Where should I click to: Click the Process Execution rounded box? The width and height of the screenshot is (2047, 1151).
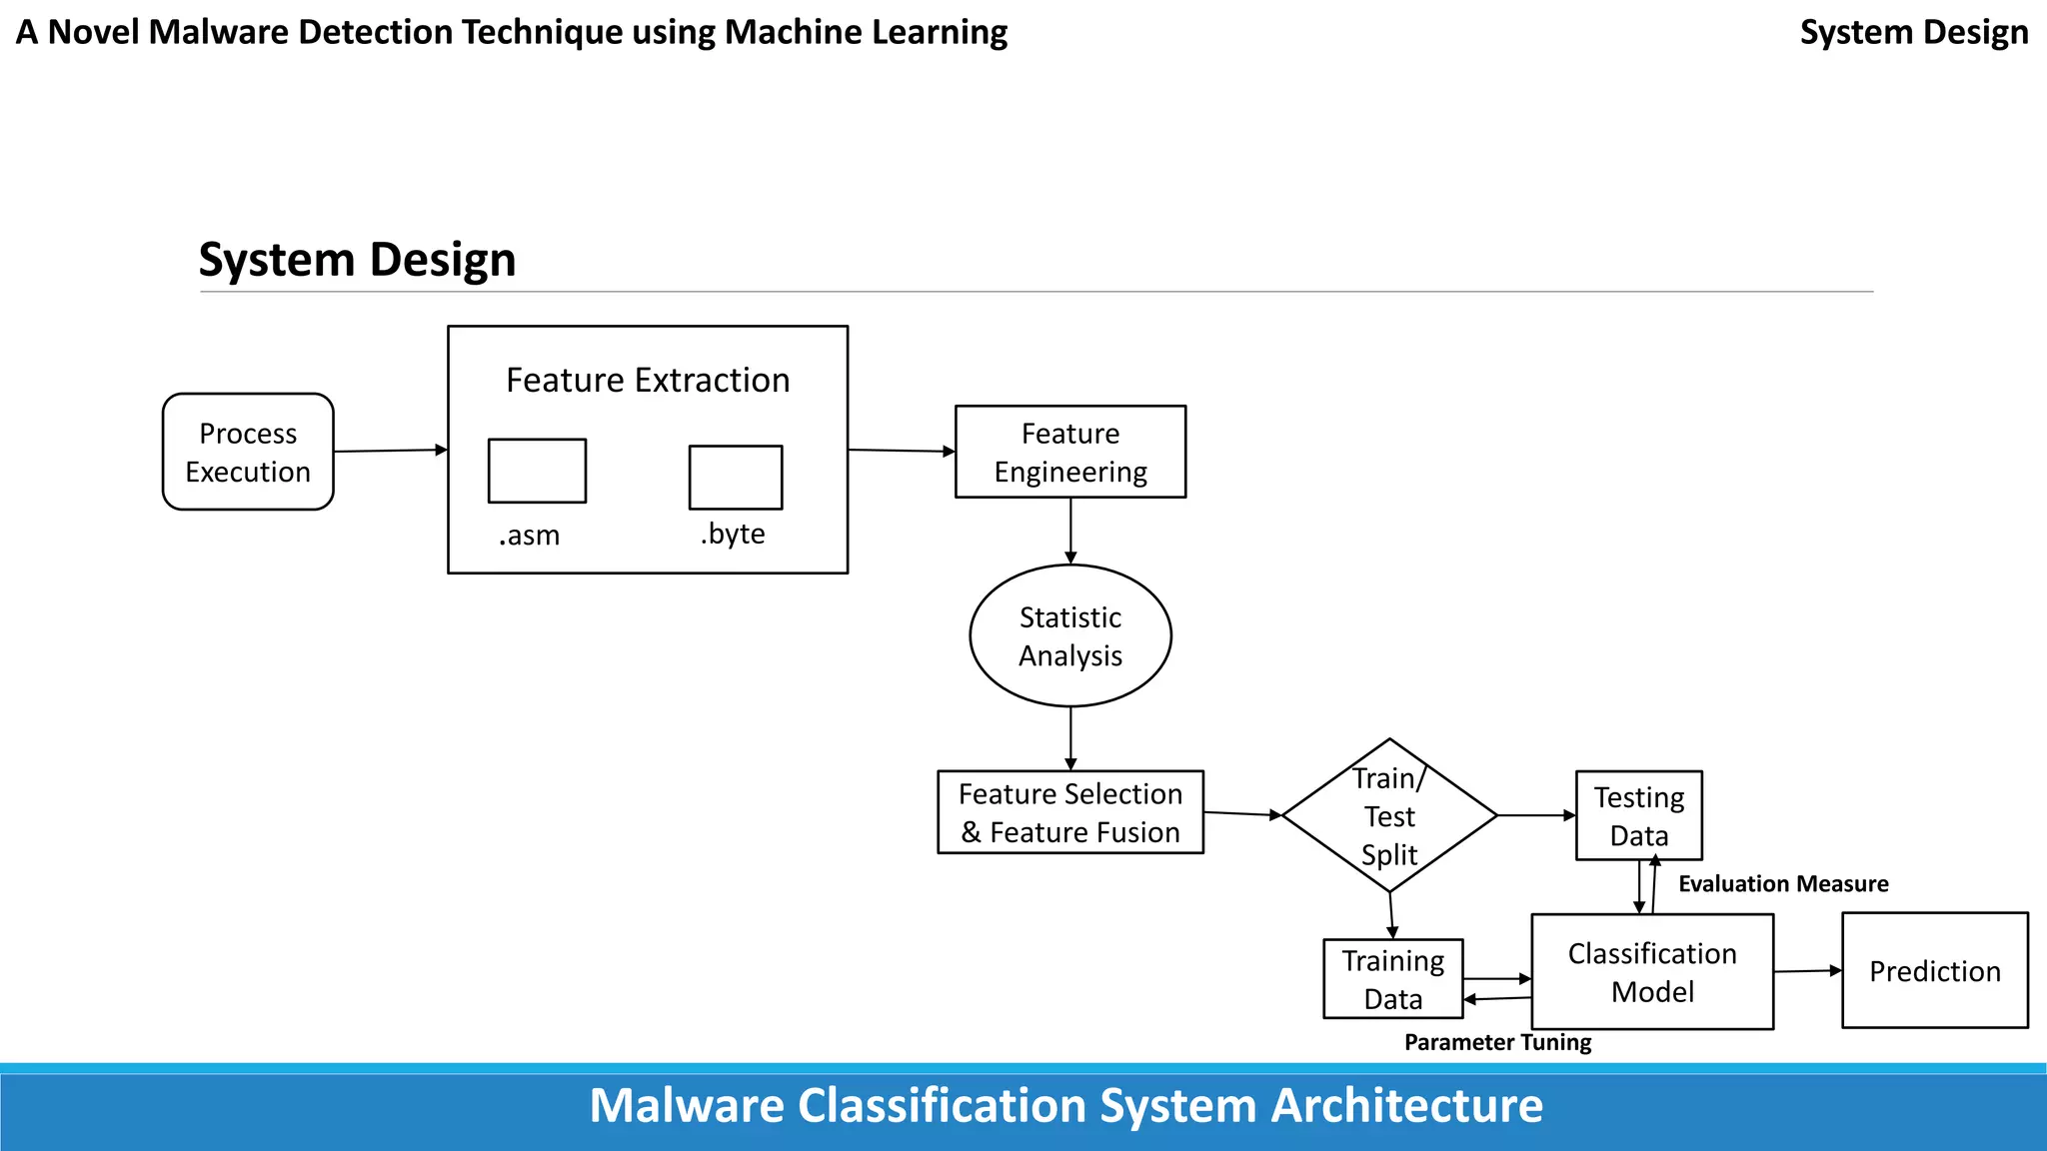coord(248,452)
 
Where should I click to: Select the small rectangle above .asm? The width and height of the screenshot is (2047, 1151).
coord(537,471)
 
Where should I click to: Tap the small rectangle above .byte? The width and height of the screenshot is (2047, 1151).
coord(736,478)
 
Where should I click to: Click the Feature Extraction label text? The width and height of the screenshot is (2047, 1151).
coord(648,381)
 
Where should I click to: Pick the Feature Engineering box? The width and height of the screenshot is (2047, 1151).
coord(1070,452)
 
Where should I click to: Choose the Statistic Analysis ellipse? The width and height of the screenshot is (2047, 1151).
coord(1070,636)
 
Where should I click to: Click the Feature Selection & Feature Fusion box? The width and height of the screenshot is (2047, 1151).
coord(1070,812)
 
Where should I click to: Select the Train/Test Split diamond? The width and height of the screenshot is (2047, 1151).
coord(1389,815)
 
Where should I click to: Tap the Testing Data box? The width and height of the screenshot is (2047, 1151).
coord(1639,815)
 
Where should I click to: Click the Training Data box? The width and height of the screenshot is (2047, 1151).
coord(1392,979)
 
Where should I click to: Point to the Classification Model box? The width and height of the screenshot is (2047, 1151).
coord(1652,972)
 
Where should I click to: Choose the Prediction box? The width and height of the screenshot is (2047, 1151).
coord(1935,971)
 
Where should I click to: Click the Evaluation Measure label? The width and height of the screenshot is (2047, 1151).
coord(1783,884)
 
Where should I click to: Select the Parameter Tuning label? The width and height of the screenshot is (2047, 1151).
coord(1497,1042)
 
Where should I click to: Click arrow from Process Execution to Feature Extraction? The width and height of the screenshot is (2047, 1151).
coord(390,451)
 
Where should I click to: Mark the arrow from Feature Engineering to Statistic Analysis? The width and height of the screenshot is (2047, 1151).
coord(1070,531)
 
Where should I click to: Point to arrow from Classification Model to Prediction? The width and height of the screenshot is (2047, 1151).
coord(1807,971)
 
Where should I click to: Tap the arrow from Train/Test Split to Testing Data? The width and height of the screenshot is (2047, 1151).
coord(1536,815)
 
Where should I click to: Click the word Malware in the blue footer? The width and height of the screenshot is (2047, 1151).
coord(687,1106)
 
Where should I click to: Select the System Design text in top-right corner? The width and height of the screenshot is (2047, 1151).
coord(1914,32)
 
